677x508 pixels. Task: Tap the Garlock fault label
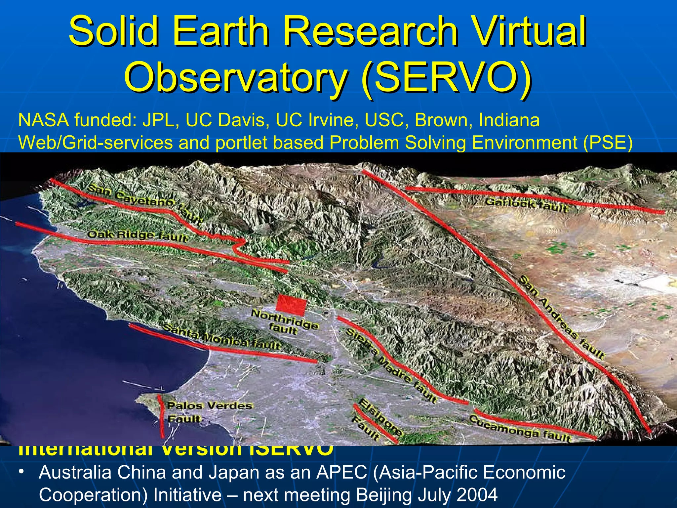[526, 205]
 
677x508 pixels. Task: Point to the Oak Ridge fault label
[137, 235]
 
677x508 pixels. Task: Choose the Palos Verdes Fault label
[209, 412]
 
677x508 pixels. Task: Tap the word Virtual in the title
[528, 32]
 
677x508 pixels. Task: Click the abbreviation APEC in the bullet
[341, 472]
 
